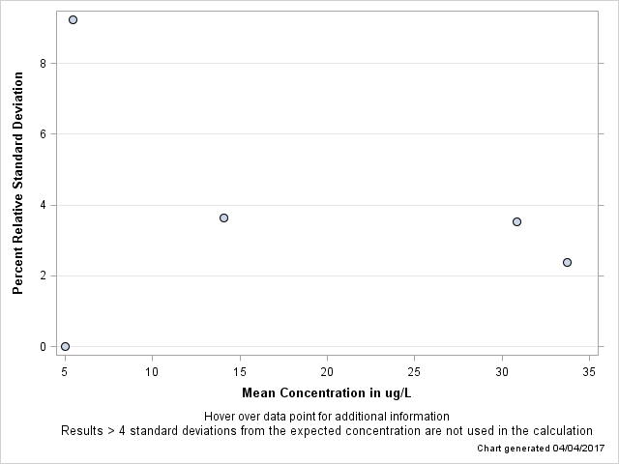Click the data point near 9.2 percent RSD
(73, 19)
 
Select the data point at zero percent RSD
(65, 346)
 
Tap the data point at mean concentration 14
(223, 217)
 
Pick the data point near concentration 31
(516, 221)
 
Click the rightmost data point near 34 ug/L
(567, 262)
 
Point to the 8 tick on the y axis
(44, 64)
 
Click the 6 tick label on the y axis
(44, 134)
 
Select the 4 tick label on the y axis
(44, 205)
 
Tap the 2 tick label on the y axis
(44, 275)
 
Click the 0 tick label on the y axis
(44, 346)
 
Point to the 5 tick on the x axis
(65, 371)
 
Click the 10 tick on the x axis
(152, 371)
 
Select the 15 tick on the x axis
(240, 371)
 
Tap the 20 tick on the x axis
(327, 371)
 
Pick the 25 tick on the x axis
(414, 371)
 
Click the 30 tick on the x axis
(502, 371)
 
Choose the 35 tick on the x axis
(589, 371)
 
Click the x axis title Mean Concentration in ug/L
(326, 392)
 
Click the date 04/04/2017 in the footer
(577, 449)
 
